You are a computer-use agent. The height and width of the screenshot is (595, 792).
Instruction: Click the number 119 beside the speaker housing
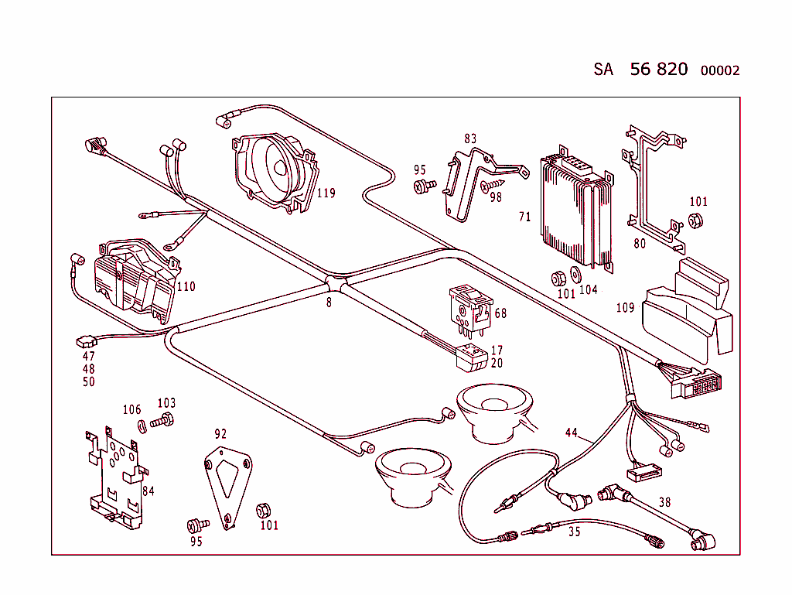[x=326, y=193]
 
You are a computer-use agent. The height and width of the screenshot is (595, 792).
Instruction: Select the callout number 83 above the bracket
[x=470, y=139]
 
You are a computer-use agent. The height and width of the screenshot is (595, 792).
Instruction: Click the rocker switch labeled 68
[x=469, y=307]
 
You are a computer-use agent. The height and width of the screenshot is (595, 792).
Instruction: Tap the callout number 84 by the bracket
[x=148, y=491]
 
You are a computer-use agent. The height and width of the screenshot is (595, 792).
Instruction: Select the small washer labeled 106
[x=142, y=425]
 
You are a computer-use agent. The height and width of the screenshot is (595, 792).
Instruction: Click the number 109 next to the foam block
[x=625, y=308]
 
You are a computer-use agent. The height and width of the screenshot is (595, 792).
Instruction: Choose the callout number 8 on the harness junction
[x=329, y=303]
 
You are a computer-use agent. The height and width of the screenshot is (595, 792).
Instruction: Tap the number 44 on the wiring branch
[x=572, y=433]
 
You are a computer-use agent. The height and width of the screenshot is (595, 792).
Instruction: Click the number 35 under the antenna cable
[x=574, y=532]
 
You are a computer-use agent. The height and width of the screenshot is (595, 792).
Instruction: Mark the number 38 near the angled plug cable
[x=664, y=501]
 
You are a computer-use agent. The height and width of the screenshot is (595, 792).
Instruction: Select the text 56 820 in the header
[x=658, y=69]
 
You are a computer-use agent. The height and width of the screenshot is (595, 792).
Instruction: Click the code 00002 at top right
[x=719, y=70]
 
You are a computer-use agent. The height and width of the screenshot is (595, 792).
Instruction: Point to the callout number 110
[x=186, y=286]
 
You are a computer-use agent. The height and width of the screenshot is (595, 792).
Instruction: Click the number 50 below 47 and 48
[x=89, y=382]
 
